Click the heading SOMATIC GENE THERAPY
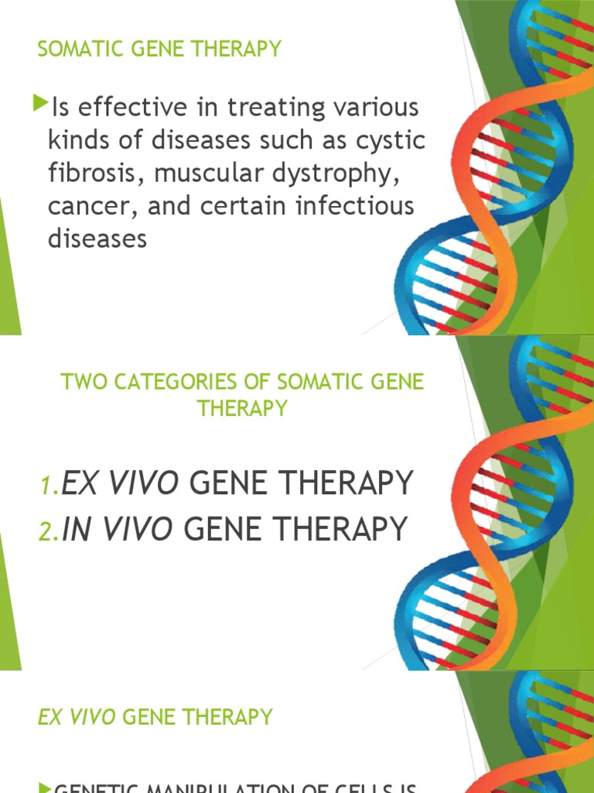click(159, 50)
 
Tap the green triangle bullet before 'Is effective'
click(41, 101)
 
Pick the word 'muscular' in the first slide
click(203, 173)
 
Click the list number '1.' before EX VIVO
click(49, 486)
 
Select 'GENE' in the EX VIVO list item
click(229, 483)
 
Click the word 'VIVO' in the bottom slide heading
click(91, 717)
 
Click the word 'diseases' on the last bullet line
click(97, 239)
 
